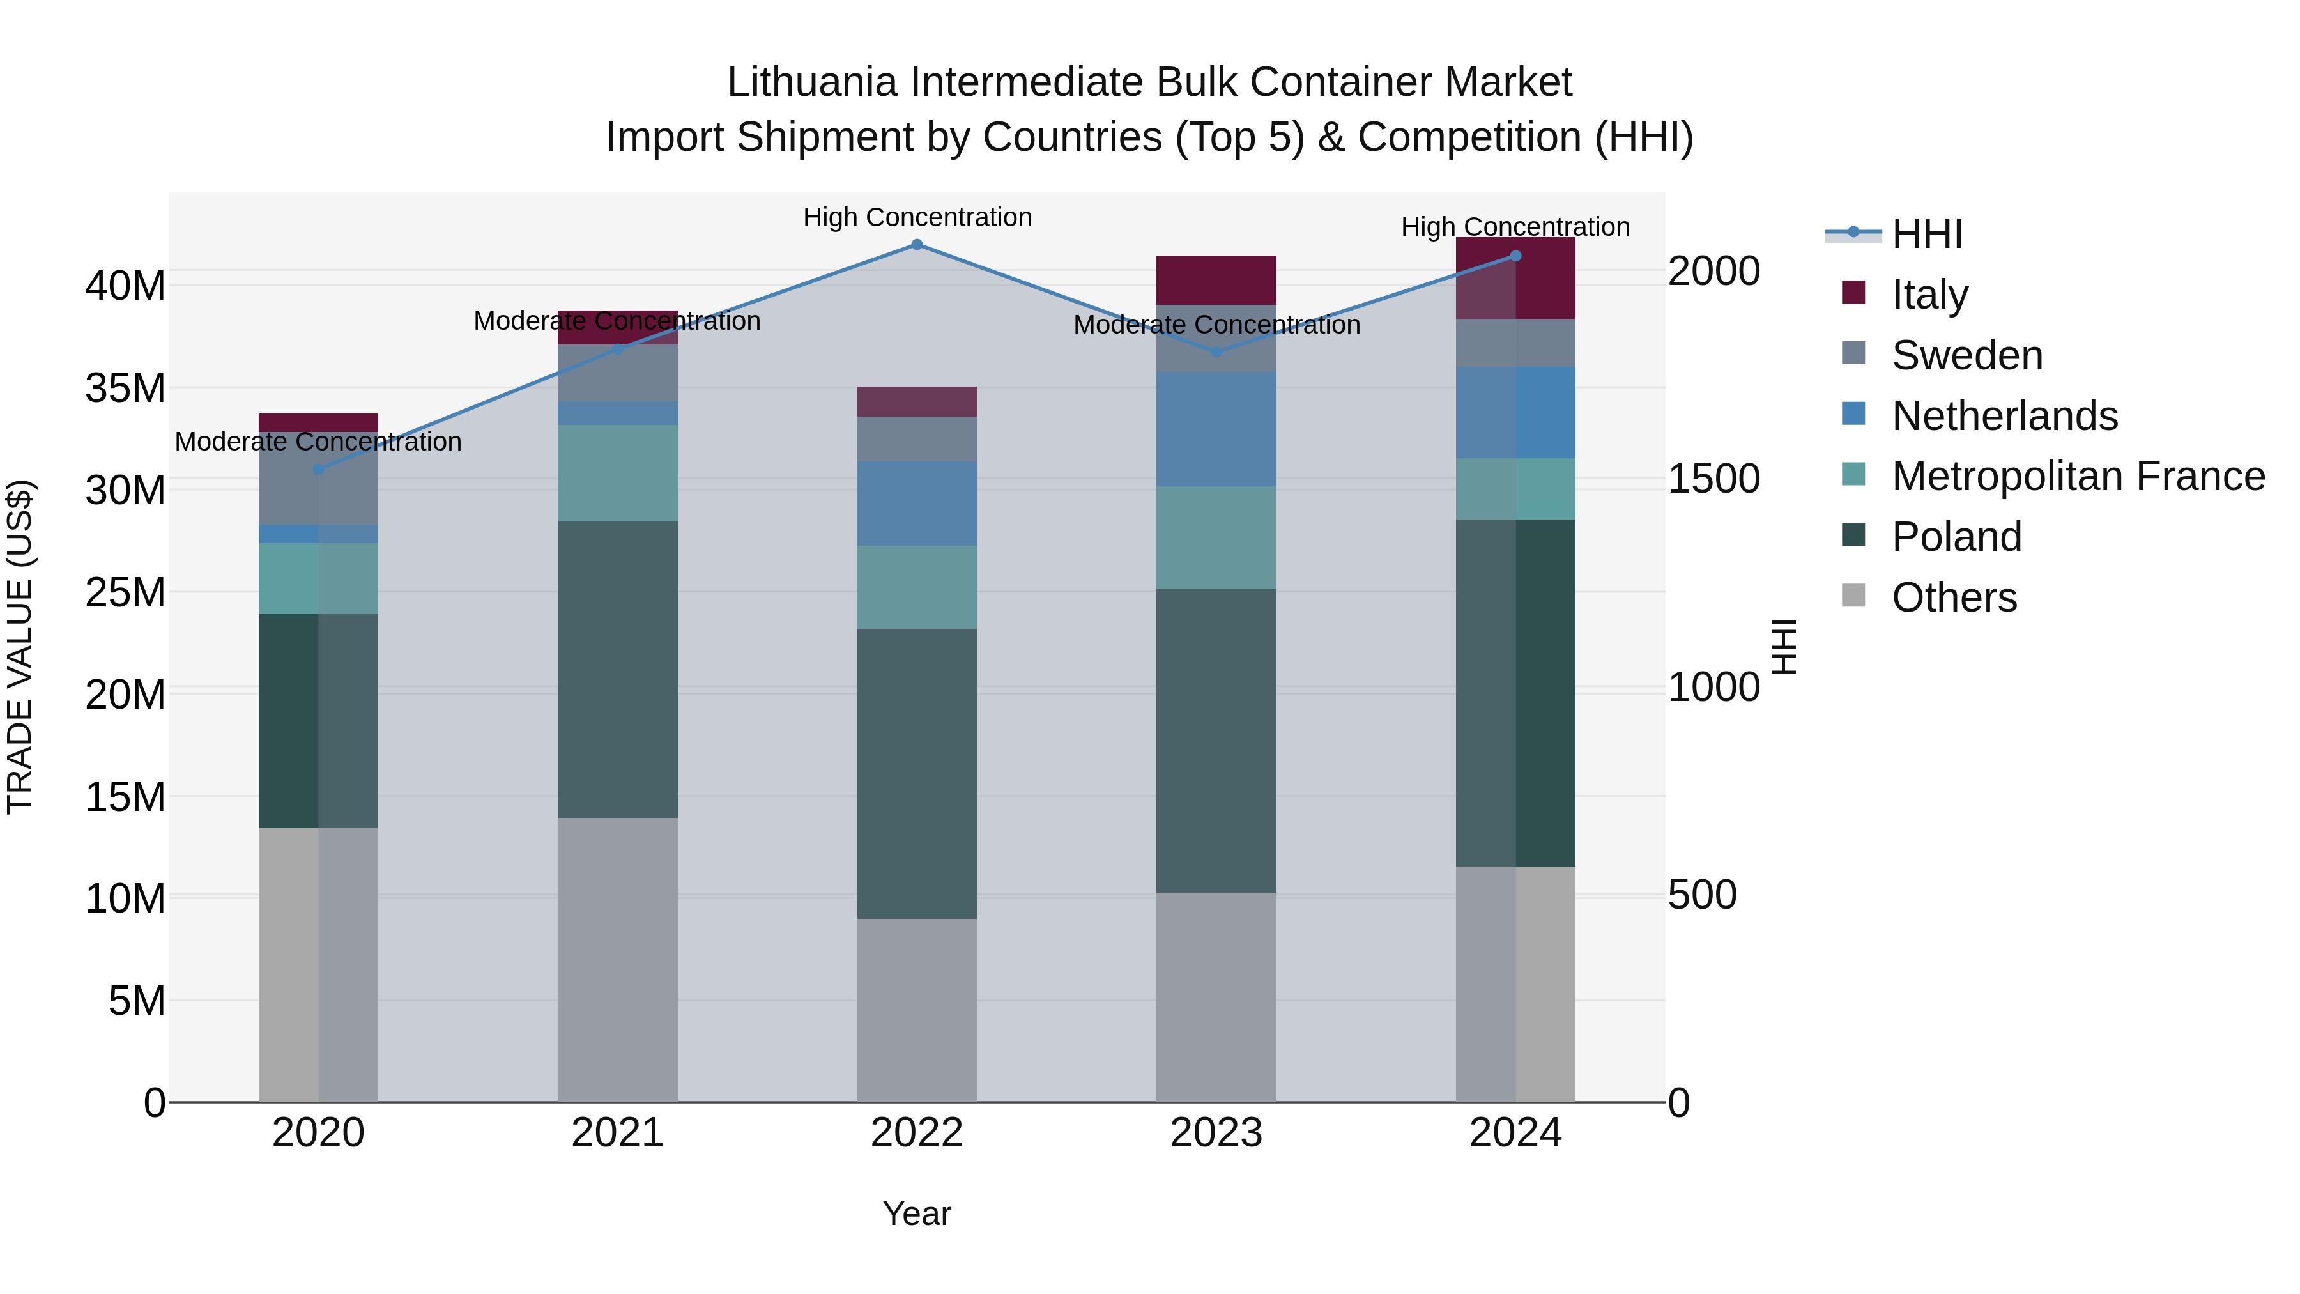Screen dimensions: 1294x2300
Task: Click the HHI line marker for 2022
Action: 917,245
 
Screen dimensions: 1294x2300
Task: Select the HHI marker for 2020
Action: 319,470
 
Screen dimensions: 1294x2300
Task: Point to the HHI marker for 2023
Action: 1216,352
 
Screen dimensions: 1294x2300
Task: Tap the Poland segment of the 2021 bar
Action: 618,670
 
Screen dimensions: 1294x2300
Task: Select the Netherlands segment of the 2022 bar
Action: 917,504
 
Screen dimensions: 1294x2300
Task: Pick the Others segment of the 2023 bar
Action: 1216,997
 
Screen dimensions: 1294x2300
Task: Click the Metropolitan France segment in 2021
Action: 618,474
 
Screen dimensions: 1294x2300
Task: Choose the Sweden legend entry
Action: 1967,355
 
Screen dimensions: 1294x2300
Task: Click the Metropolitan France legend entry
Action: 2078,476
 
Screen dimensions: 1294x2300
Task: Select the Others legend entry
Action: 1954,597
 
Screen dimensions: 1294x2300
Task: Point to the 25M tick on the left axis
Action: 126,592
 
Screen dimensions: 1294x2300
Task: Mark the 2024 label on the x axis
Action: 1515,1133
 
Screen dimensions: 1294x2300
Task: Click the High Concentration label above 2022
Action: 917,218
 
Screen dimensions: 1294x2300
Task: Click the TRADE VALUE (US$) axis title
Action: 20,647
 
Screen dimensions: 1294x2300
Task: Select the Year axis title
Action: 917,1213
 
